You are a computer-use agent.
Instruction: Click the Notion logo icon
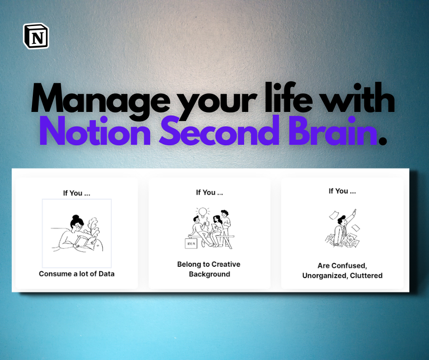click(36, 36)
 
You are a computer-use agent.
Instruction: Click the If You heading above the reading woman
click(77, 193)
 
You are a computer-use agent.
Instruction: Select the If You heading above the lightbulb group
click(209, 192)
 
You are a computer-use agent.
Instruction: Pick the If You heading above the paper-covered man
click(342, 191)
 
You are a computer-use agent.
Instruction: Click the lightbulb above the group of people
click(203, 212)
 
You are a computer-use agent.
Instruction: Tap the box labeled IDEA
click(191, 244)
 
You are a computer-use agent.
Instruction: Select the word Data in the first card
click(105, 274)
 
